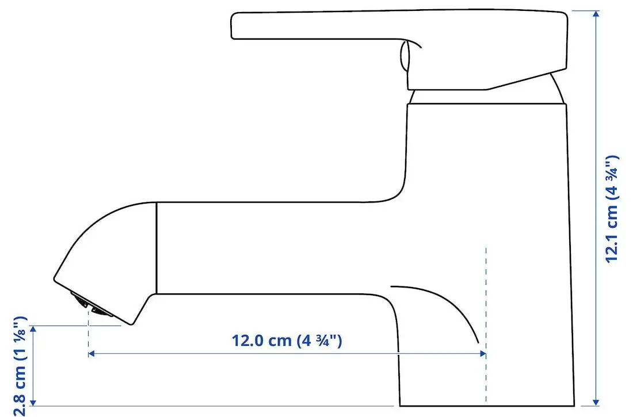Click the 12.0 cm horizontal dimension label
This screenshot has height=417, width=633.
(x=287, y=340)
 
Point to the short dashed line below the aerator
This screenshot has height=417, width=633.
(x=88, y=334)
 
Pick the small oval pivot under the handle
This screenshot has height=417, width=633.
(x=405, y=57)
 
